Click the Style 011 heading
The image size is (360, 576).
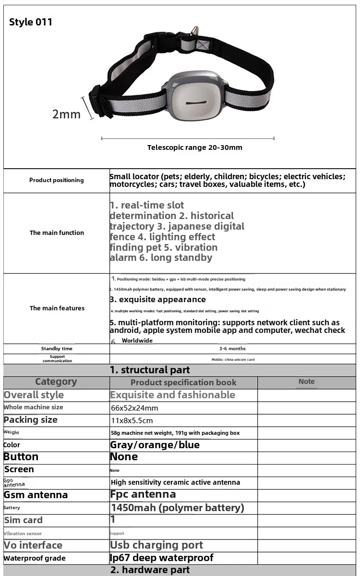(x=31, y=22)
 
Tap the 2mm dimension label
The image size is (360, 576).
(x=66, y=114)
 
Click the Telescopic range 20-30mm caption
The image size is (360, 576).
(x=194, y=147)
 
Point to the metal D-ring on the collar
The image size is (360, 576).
(x=193, y=32)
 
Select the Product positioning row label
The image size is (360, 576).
(x=56, y=180)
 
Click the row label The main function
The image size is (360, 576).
(x=57, y=233)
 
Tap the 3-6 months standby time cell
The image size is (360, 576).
(x=232, y=349)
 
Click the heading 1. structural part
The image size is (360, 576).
(x=150, y=370)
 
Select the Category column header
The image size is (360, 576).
(x=56, y=381)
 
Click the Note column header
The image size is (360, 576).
(x=306, y=381)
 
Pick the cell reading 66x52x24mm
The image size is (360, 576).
(x=134, y=408)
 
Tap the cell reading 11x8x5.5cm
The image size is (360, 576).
(x=132, y=420)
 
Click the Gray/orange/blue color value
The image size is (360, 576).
(x=155, y=445)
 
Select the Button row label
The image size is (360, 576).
(x=21, y=457)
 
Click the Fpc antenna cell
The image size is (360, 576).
(x=143, y=494)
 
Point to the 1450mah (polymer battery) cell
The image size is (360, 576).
(x=177, y=507)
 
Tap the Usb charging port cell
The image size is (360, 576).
(x=156, y=545)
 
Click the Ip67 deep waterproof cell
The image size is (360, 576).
(x=162, y=558)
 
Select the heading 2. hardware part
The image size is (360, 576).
(x=150, y=570)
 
